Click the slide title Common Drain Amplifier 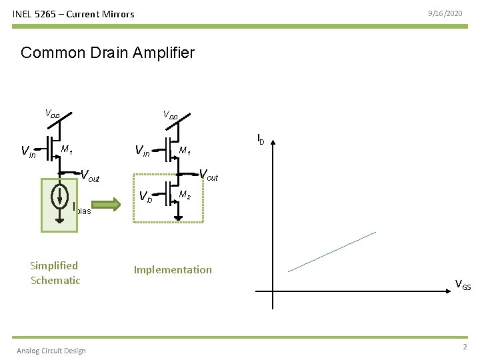(107, 53)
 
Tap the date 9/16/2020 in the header (447, 13)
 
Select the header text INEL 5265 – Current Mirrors (73, 14)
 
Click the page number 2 (465, 347)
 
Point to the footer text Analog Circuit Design (51, 351)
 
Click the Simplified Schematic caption (55, 273)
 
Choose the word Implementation (173, 269)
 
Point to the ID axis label (261, 139)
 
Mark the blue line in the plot (332, 251)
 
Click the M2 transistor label (185, 195)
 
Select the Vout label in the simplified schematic (90, 177)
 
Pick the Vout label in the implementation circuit (209, 176)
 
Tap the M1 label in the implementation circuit (185, 151)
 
